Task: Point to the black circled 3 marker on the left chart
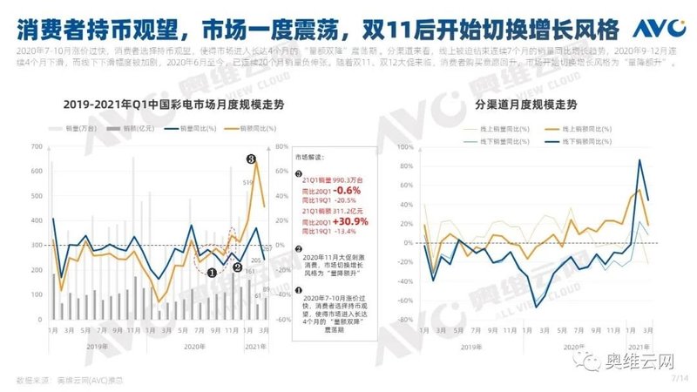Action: click(x=250, y=160)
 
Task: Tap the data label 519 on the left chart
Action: click(x=247, y=182)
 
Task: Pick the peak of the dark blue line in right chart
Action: click(x=640, y=159)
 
